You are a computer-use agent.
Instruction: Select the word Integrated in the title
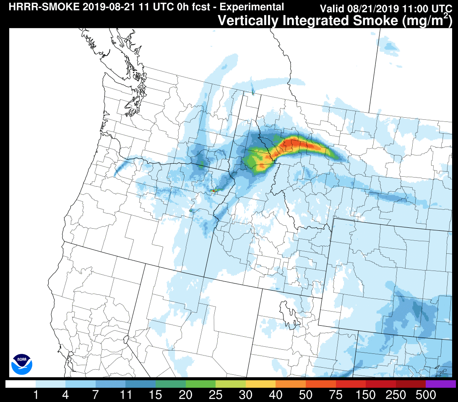tap(313, 20)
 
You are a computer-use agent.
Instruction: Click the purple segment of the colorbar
tap(441, 384)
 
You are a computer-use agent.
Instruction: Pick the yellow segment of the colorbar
tap(260, 384)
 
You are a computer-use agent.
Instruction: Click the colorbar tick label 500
tap(426, 394)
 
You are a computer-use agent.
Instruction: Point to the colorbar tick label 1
tap(36, 394)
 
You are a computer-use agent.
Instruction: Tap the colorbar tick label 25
tap(216, 394)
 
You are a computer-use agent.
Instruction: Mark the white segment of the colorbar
tap(21, 384)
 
